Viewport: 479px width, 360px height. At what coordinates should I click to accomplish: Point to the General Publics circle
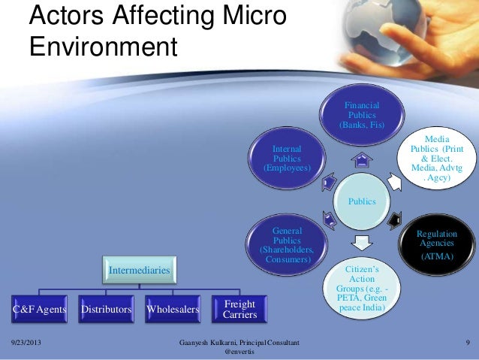286,244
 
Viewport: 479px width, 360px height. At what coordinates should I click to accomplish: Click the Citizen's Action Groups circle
362,289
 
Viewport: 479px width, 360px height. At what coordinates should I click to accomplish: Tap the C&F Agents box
40,309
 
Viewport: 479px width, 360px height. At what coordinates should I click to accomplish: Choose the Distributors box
106,309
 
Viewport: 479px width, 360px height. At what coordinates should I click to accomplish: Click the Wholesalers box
172,309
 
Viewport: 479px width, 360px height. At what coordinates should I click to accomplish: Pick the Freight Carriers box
239,309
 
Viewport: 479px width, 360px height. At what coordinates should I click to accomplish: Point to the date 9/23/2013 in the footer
23,343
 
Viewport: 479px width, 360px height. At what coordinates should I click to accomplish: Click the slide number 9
467,343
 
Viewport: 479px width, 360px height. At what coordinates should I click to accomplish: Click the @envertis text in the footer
239,352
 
